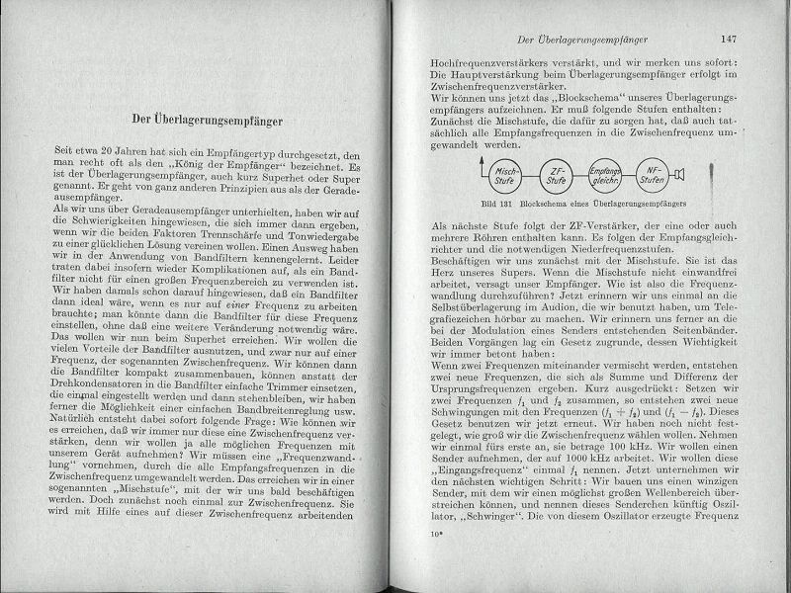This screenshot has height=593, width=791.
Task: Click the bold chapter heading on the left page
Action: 208,121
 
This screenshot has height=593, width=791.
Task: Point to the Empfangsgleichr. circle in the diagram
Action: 603,176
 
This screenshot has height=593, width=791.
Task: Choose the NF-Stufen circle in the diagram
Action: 651,176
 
